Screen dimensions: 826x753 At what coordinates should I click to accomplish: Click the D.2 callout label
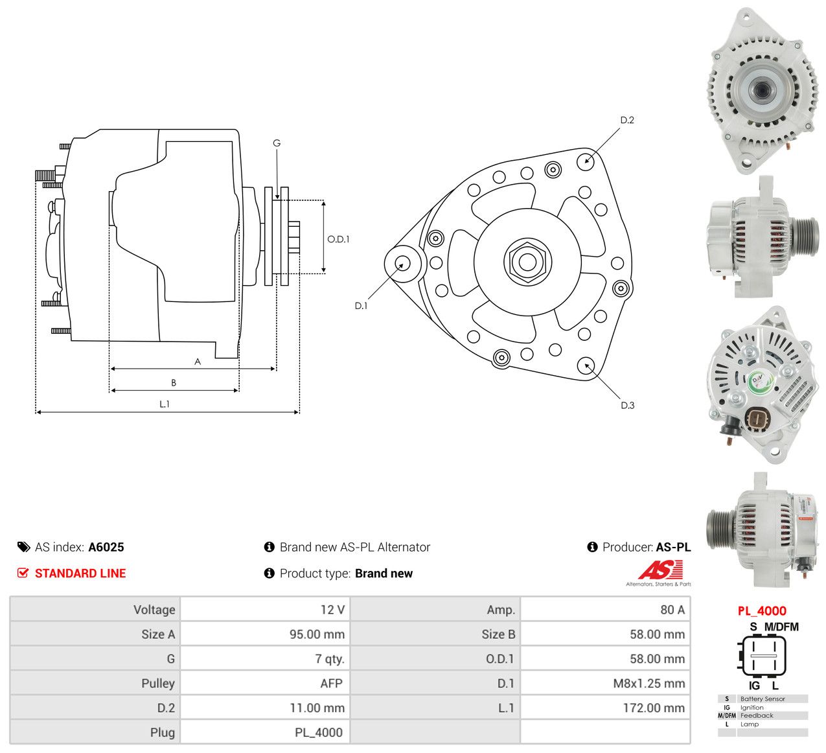[626, 120]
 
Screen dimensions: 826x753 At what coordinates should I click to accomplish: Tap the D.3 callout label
[627, 405]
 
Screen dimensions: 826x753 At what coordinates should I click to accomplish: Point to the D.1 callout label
[361, 306]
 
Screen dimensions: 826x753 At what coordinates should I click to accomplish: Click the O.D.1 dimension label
[338, 239]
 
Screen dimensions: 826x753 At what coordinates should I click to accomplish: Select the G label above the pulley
[277, 143]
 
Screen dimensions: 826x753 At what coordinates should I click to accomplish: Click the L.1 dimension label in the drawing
[165, 404]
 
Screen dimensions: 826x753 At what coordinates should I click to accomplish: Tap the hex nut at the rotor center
[527, 261]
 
